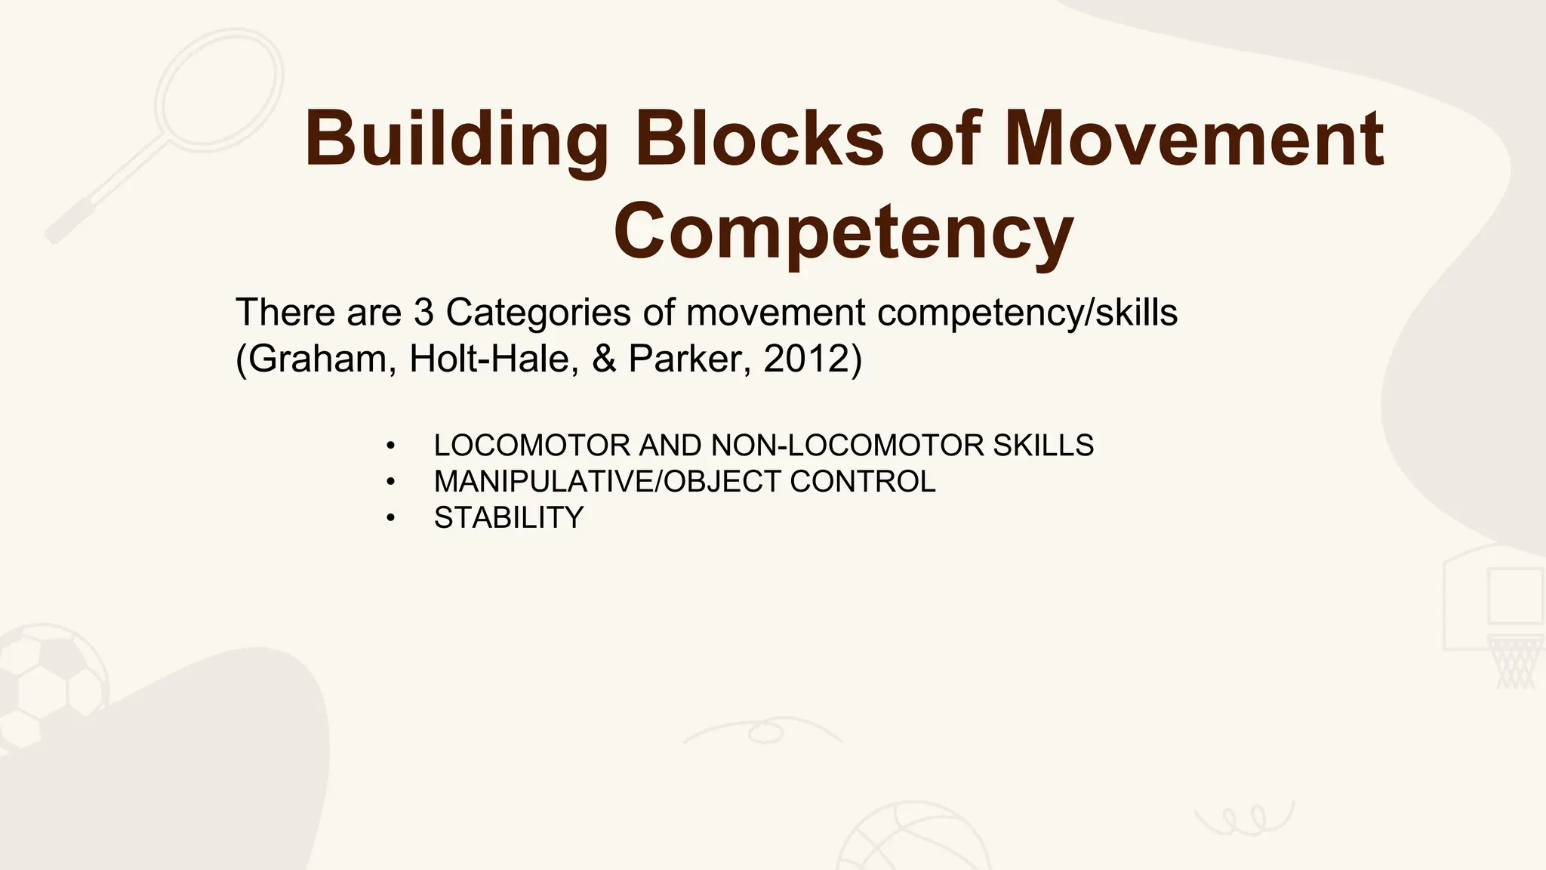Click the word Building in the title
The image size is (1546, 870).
coord(455,140)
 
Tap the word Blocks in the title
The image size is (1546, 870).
coord(759,139)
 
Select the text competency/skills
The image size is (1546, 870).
coord(1027,313)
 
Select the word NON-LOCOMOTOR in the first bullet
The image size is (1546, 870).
coord(847,446)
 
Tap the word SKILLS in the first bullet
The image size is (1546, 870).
coord(1043,446)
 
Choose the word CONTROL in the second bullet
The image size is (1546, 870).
coord(862,481)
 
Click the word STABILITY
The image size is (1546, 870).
coord(509,517)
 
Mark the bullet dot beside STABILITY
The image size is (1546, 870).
coord(390,518)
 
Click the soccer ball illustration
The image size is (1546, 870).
coord(49,680)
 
